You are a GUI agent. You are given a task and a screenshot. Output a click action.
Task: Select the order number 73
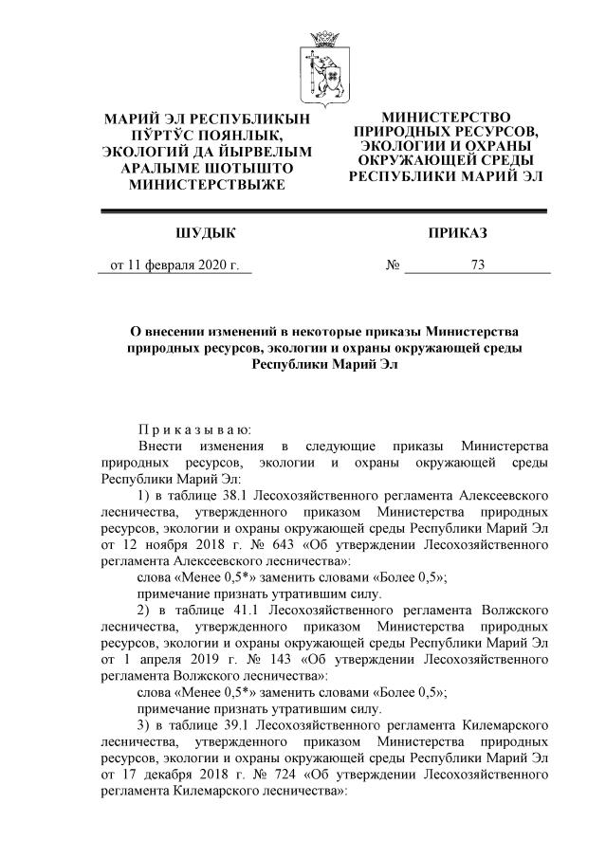[x=477, y=265]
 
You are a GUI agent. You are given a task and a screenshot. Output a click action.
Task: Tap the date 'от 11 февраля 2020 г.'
[x=174, y=265]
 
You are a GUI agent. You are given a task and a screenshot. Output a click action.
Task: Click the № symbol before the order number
[x=393, y=265]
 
